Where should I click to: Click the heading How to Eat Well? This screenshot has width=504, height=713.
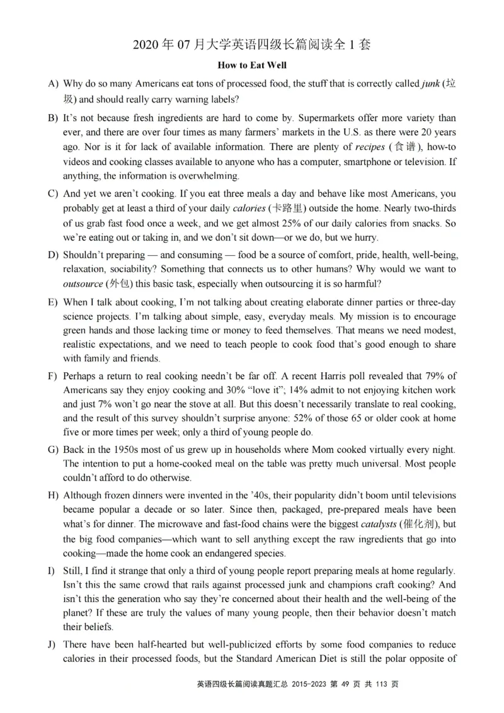click(252, 65)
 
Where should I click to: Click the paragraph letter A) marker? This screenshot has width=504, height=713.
click(53, 84)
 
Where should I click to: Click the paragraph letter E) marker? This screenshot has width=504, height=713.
click(53, 303)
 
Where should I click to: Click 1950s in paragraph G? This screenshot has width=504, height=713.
click(127, 449)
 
